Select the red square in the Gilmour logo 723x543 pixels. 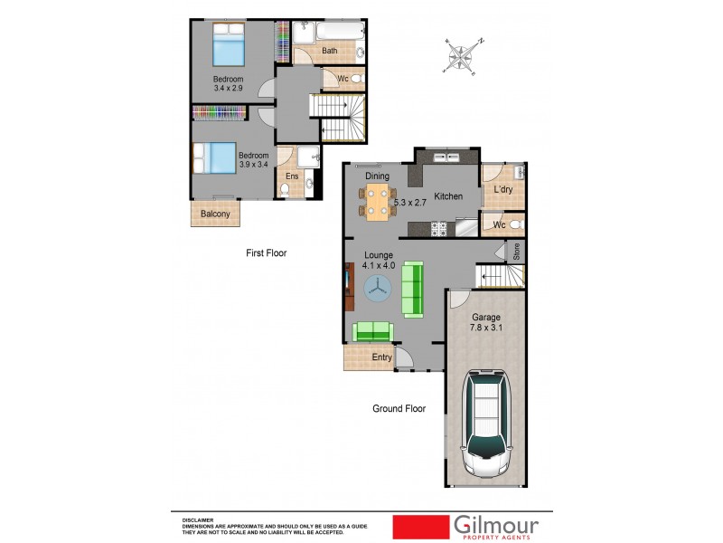coord(421,527)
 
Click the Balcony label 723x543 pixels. coord(215,214)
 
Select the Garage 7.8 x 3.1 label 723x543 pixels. coord(486,323)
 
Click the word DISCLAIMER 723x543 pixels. coord(197,520)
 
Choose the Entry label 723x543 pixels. coord(382,358)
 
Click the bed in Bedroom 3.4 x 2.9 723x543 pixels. coord(229,44)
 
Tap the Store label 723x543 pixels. coord(517,251)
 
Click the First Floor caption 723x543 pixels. coord(266,253)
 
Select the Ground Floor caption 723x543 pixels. coord(399,409)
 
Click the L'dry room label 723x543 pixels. coord(502,190)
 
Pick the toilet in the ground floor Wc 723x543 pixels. coord(515,224)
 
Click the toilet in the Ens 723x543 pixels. coord(285,189)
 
